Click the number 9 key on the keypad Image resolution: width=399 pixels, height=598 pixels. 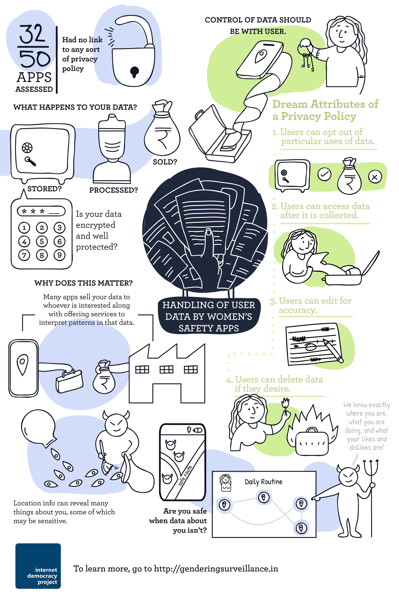coord(59,255)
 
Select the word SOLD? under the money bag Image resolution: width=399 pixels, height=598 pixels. coord(165,162)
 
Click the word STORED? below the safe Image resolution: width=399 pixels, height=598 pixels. coord(44,189)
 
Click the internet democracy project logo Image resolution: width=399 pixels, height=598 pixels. coord(38,566)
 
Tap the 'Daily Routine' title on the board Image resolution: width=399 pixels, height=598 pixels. coord(263,482)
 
